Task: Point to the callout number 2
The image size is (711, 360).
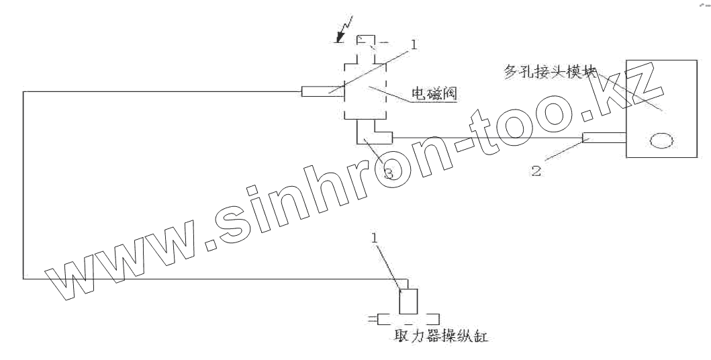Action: click(536, 170)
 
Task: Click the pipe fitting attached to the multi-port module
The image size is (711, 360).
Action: click(604, 138)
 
